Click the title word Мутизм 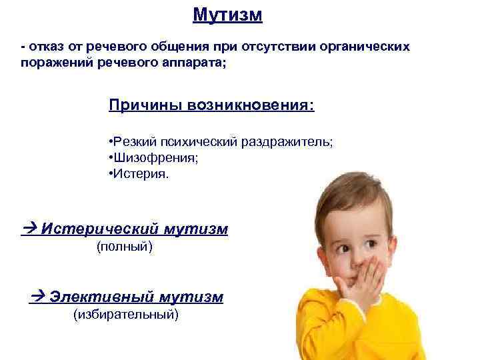[x=227, y=15]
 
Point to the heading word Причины [x=137, y=106]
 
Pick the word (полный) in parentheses [x=125, y=248]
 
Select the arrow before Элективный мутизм [x=37, y=297]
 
